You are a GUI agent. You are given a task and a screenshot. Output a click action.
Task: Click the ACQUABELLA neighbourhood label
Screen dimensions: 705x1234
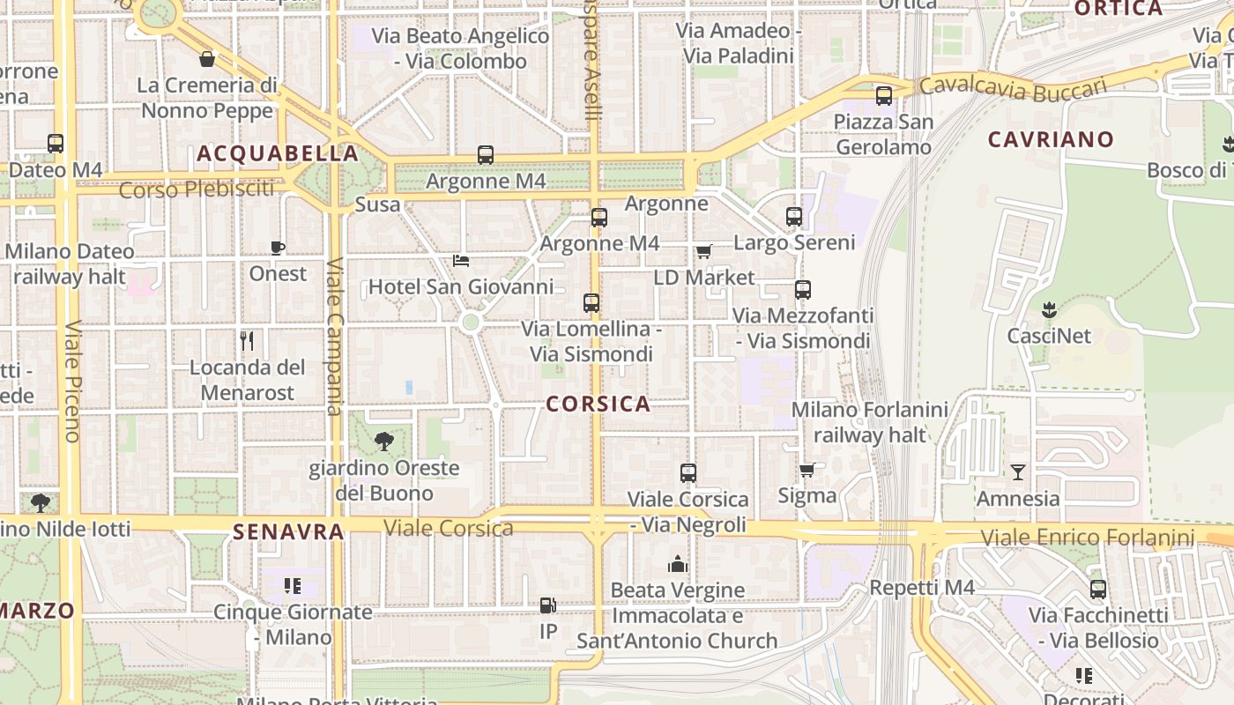(278, 153)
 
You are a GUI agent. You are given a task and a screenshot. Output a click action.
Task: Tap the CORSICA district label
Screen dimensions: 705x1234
(598, 404)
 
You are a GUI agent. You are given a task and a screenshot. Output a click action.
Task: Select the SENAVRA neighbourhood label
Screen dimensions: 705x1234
(288, 531)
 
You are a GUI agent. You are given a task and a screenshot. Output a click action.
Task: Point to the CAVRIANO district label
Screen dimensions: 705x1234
(1051, 139)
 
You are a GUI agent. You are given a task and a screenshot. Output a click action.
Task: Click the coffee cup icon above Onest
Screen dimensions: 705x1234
(278, 249)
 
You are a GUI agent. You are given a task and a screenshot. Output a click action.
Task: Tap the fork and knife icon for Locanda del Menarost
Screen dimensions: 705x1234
(248, 341)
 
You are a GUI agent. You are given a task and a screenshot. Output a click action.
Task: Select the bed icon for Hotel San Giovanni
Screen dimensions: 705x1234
(460, 261)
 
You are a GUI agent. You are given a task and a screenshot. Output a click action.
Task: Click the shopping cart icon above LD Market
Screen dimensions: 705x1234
(703, 252)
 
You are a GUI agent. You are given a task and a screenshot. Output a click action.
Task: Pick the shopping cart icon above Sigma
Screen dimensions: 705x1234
(807, 471)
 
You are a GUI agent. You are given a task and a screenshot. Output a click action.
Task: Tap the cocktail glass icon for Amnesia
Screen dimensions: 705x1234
(1018, 472)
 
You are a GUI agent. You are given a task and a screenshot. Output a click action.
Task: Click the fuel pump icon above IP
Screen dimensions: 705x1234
(547, 605)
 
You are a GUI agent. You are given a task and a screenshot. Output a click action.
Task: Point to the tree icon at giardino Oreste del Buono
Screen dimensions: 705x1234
(383, 441)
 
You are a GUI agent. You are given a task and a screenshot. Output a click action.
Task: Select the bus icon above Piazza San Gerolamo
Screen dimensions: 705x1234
(883, 96)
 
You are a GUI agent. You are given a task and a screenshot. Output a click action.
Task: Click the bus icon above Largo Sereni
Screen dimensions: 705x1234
(794, 217)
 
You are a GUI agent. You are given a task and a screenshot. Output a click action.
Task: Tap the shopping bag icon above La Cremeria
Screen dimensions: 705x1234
(207, 59)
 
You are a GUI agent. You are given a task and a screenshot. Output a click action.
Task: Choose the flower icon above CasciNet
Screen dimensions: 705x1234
(1049, 309)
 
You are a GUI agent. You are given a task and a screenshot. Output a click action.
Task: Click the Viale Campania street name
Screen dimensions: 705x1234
(334, 336)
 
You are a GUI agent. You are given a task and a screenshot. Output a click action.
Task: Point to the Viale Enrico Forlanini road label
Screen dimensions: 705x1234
(1088, 537)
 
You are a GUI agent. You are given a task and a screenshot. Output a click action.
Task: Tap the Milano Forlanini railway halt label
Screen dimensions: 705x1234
(869, 422)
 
